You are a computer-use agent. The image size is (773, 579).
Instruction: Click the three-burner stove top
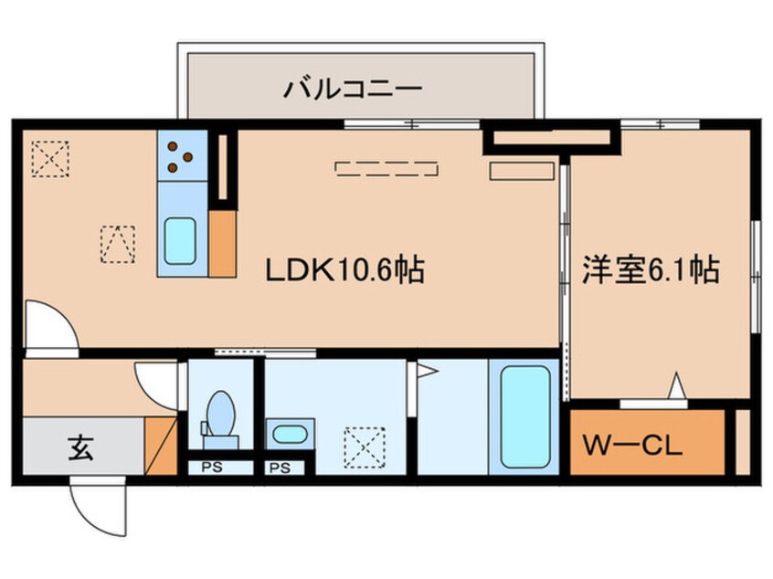tap(180, 156)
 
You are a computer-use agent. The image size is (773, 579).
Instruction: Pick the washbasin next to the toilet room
tap(291, 433)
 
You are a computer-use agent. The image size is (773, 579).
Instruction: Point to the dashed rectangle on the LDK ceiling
tap(387, 168)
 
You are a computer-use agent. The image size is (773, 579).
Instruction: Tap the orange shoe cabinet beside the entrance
tap(161, 445)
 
